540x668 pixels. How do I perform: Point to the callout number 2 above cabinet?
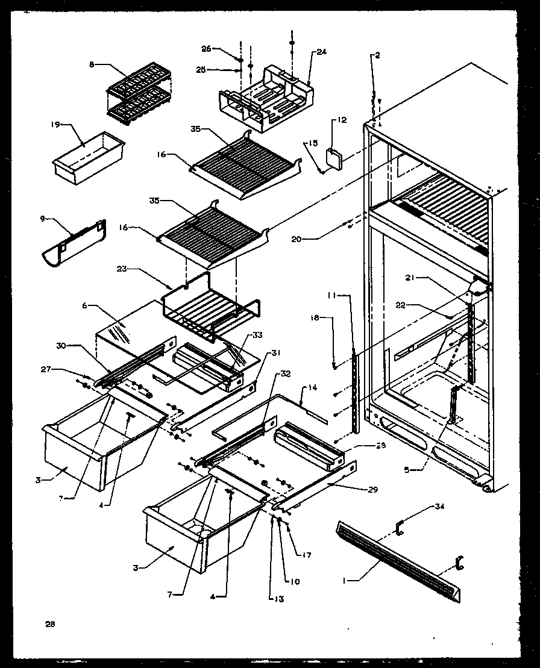(x=377, y=55)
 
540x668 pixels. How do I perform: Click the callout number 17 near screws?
(x=308, y=555)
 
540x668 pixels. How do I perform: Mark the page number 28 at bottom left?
(x=49, y=624)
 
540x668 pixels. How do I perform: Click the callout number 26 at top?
(x=207, y=49)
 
